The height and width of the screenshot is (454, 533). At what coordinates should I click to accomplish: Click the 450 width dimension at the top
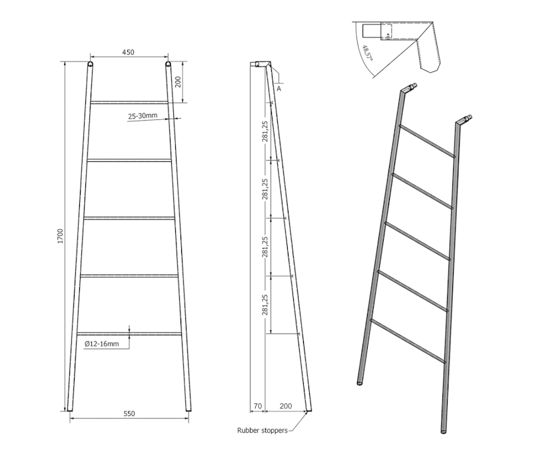click(129, 53)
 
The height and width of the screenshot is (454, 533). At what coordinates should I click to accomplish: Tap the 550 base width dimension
click(129, 414)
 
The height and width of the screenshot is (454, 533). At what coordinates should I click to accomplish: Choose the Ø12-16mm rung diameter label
click(102, 343)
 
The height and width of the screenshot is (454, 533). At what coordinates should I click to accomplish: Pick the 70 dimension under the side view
click(257, 405)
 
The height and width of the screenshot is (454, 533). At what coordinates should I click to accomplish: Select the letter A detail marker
click(278, 88)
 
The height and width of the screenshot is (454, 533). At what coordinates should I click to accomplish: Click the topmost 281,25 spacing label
click(265, 131)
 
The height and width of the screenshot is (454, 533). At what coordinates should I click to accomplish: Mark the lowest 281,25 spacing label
click(265, 304)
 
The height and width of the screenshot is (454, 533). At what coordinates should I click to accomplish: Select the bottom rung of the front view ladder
click(129, 333)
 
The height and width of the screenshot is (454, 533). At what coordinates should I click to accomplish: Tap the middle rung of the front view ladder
click(129, 217)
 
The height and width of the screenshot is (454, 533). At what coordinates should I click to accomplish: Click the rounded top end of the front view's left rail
click(90, 65)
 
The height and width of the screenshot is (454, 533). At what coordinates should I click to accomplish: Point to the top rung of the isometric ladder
click(426, 140)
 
